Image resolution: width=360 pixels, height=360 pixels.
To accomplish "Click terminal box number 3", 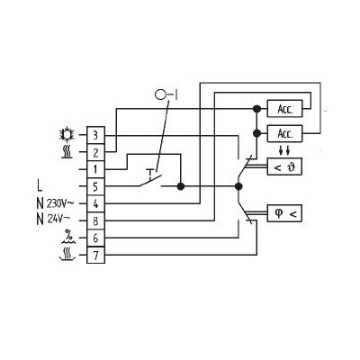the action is (95, 136).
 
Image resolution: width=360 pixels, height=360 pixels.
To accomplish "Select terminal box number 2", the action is (95, 153).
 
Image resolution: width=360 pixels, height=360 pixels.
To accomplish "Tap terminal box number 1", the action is (95, 170).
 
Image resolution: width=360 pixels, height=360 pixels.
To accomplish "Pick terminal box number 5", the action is (95, 187).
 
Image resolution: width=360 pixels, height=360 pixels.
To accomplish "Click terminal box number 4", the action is (95, 204).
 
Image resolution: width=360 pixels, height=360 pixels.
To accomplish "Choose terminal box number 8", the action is (95, 221).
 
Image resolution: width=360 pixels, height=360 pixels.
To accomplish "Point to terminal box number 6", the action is (95, 238).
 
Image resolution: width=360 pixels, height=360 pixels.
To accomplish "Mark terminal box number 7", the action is (95, 256).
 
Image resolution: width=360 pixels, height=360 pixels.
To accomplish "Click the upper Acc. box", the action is (284, 109).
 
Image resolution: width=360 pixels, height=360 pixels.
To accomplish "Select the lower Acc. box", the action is (284, 133).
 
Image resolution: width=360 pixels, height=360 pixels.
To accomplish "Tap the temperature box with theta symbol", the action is (284, 166).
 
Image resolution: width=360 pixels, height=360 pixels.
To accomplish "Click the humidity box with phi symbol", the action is (284, 213).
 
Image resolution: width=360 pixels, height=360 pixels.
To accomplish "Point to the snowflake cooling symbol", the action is (66, 135).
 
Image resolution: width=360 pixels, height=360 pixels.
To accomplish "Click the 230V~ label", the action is (60, 203).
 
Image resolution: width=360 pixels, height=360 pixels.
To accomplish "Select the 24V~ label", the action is (58, 220).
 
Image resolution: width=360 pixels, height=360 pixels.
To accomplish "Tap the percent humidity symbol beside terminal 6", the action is (68, 237).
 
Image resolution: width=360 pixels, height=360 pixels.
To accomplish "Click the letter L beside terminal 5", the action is (40, 186).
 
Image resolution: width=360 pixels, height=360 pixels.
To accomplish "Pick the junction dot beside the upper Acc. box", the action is (256, 109).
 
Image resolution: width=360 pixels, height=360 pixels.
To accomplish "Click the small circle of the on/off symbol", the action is (160, 95).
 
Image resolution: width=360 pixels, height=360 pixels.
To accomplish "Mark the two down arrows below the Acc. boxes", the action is (284, 150).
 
